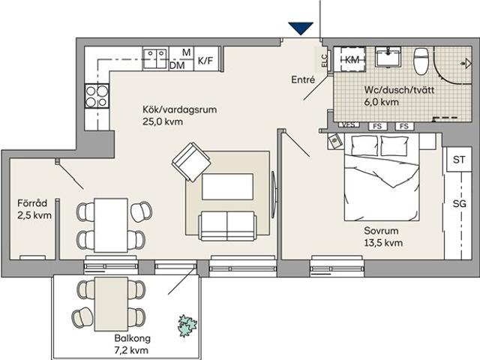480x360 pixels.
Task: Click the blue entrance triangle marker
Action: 300,28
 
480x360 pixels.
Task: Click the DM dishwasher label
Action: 177,66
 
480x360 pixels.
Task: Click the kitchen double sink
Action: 155,58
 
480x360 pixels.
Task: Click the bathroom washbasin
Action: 389,58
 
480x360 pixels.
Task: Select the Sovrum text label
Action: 382,232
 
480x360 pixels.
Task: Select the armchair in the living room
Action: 190,163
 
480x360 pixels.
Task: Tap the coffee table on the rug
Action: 227,186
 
